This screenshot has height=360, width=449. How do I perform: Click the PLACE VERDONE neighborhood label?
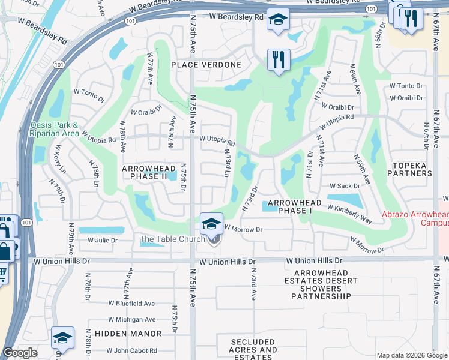point(206,65)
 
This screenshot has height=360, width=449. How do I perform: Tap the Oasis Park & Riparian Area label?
point(54,130)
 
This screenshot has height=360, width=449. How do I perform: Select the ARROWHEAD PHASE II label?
point(145,173)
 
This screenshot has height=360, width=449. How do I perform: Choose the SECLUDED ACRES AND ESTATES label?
point(253,349)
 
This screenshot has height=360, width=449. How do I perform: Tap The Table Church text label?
point(173,239)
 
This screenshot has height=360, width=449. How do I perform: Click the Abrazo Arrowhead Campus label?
point(415,218)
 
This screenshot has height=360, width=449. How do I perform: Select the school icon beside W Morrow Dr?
point(211,224)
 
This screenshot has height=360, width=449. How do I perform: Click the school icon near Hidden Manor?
point(62,338)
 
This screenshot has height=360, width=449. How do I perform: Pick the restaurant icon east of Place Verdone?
point(279,59)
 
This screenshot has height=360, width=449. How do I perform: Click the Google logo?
point(20,353)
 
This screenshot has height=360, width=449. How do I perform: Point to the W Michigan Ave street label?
point(132,320)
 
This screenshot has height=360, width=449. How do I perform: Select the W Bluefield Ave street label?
point(131,304)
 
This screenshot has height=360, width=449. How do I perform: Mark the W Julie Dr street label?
point(103,241)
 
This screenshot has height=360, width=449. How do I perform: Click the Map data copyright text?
point(411,355)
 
